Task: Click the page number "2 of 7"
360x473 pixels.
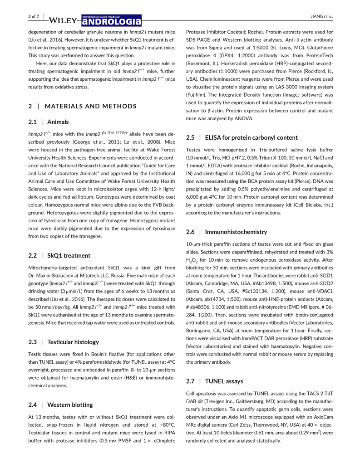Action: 35,16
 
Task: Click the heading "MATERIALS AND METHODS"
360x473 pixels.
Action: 87,107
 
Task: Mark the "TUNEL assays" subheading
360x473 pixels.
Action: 224,381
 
